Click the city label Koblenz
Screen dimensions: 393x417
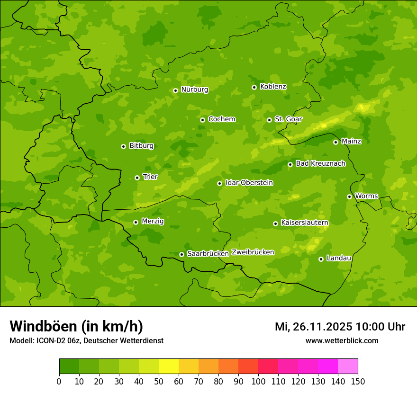coord(273,87)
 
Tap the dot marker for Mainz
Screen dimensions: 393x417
coord(335,142)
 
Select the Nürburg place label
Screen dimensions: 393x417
coord(194,89)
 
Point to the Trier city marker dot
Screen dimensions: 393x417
coord(137,178)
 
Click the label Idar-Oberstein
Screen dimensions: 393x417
coord(249,183)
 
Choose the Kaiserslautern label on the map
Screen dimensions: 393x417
coord(304,223)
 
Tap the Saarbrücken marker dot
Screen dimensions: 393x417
coord(181,254)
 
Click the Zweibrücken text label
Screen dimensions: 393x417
coord(253,252)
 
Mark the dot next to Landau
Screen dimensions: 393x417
coord(321,259)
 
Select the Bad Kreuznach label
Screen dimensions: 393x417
coord(320,163)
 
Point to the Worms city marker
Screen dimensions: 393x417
coord(349,196)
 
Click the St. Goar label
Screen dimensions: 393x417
coord(288,119)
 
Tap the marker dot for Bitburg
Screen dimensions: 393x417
coord(123,146)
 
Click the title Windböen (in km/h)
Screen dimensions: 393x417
coord(76,326)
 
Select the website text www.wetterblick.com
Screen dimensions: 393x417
coord(342,340)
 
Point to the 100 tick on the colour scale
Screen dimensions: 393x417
coord(258,381)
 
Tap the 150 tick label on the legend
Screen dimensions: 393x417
coord(358,381)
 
